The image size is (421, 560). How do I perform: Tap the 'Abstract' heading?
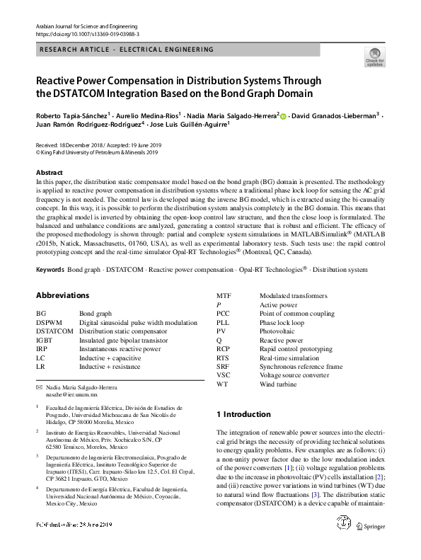[50, 173]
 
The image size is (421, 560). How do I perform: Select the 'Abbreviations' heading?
[63, 295]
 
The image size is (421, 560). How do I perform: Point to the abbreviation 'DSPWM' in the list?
[50, 322]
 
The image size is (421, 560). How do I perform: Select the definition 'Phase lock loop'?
[282, 322]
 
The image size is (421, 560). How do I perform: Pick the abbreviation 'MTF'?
[224, 295]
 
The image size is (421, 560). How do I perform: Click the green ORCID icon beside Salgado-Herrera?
[283, 115]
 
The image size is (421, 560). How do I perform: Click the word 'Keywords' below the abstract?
[50, 270]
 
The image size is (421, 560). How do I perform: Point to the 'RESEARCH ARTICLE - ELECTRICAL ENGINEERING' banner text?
[127, 50]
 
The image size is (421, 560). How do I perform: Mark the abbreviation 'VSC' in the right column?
[224, 375]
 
